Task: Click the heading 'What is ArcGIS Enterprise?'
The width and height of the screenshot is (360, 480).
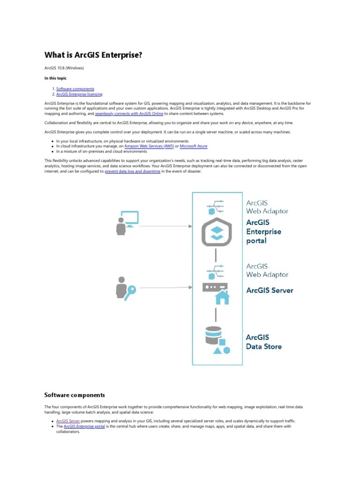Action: [x=93, y=55]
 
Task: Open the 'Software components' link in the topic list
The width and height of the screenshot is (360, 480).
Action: [x=75, y=89]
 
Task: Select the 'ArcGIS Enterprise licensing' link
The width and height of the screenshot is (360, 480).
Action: [x=79, y=94]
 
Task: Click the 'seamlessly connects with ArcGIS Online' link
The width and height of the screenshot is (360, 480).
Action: [x=129, y=113]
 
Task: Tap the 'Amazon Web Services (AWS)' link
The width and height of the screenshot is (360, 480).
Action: [x=149, y=146]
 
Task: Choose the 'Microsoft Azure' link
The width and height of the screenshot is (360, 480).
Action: [x=194, y=146]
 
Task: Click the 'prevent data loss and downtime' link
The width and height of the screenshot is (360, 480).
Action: [x=132, y=172]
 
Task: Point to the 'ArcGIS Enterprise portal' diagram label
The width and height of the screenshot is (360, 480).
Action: [x=263, y=232]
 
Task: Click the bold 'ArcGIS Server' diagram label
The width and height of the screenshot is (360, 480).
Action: [x=270, y=290]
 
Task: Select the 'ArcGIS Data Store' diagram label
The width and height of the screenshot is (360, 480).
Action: [x=264, y=342]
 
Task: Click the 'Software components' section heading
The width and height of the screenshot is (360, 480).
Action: [x=75, y=395]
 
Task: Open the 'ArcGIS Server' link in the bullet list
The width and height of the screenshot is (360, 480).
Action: [x=67, y=421]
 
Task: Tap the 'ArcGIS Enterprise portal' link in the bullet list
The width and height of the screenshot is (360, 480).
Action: [x=84, y=427]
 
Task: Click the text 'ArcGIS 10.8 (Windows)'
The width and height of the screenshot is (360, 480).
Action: [x=64, y=68]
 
